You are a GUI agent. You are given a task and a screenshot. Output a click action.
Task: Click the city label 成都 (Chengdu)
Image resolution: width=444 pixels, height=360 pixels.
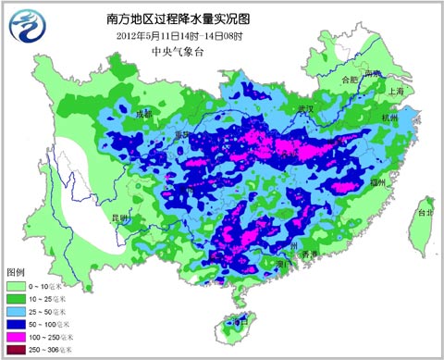tap(142, 115)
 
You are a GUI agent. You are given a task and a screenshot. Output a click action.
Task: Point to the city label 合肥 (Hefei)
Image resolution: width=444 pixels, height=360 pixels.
tap(348, 80)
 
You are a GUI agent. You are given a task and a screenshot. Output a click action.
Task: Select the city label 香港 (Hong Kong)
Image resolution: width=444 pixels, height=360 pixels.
tap(309, 253)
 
